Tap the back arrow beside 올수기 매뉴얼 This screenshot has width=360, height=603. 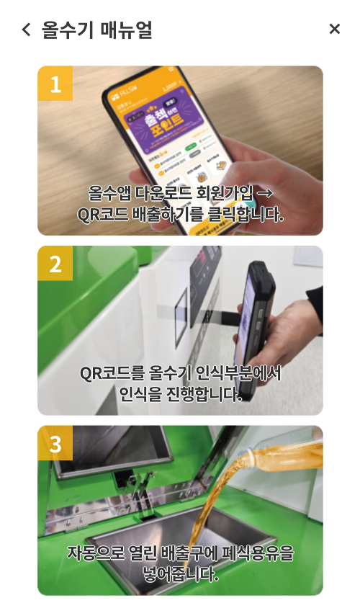coord(27,30)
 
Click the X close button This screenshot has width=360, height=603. coord(334,29)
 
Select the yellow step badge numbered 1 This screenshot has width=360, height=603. coord(55,84)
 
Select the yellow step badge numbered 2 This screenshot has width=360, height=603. coord(55,264)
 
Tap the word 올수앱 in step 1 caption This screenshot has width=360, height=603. coord(107,193)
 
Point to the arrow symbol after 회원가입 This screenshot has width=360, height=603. coord(264,193)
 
